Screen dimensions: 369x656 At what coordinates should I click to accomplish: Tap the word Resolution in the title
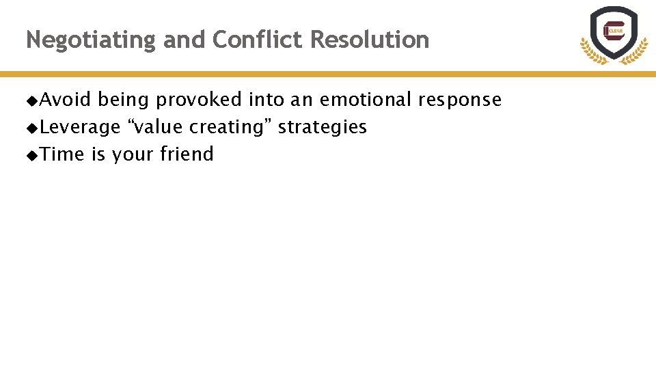pos(370,40)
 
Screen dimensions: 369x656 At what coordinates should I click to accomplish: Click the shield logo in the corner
pos(613,36)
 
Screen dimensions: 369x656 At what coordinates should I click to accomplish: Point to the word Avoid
pos(66,100)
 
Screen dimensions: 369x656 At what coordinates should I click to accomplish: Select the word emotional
pos(366,100)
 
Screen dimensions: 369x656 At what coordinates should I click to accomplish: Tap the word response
pos(460,100)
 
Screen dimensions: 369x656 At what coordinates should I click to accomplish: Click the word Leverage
pos(80,127)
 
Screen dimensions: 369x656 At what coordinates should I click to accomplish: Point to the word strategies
pos(322,127)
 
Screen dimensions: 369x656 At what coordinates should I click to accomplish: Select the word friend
pos(187,154)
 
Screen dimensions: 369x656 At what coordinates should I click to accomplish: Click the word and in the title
pos(184,40)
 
